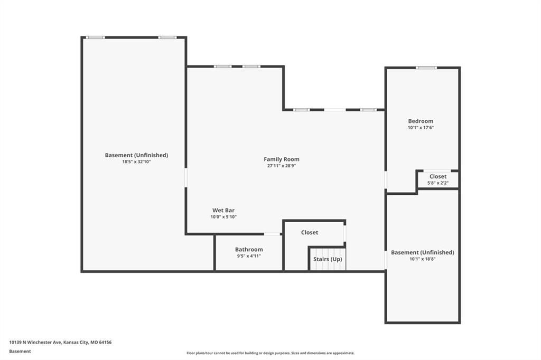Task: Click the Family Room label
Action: point(282,159)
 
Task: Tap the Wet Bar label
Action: point(223,210)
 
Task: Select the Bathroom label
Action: point(249,249)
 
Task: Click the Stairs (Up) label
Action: point(328,259)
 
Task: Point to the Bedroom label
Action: point(421,121)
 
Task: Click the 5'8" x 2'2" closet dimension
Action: point(438,183)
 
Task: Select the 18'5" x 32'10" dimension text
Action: point(136,162)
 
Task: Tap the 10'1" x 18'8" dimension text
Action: point(422,259)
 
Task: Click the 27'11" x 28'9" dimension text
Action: point(282,166)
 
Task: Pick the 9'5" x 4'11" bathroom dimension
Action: point(249,256)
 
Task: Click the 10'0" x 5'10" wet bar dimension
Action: point(223,217)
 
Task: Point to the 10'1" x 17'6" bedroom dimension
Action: point(421,128)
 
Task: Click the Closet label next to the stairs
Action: point(310,232)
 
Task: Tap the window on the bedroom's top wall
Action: point(426,68)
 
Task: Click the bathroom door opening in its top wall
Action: point(272,234)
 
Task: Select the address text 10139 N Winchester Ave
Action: point(35,343)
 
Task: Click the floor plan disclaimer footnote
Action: point(270,353)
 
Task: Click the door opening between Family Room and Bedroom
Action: point(385,179)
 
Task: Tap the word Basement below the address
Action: point(20,352)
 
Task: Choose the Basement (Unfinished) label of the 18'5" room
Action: point(136,155)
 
